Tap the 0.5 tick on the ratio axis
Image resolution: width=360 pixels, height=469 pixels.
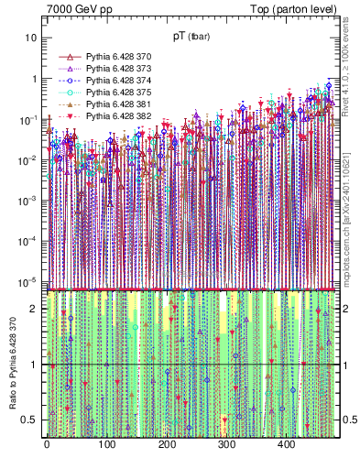29,420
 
